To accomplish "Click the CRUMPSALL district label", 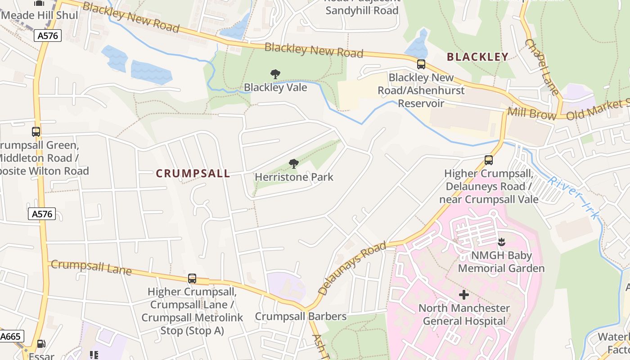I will tap(193, 173).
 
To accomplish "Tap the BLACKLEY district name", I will tap(477, 57).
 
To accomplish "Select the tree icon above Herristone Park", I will tap(294, 164).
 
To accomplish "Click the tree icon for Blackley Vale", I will tap(275, 74).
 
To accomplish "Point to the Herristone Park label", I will tap(294, 177).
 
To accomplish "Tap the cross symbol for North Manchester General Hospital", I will tap(464, 295).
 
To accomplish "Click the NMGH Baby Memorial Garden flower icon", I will tap(502, 242).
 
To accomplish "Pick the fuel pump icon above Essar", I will tap(41, 344).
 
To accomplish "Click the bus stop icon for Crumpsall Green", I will tap(36, 132).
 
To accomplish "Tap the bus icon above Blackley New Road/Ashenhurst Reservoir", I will tap(421, 64).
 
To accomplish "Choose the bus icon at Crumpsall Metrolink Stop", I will tap(192, 279).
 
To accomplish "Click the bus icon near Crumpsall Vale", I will tap(489, 160).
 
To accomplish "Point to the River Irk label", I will tap(574, 197).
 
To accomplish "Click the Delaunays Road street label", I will tap(352, 268).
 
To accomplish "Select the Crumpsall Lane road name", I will tap(91, 267).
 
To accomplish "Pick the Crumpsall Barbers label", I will tap(301, 316).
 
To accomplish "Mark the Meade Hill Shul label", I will tap(39, 15).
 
